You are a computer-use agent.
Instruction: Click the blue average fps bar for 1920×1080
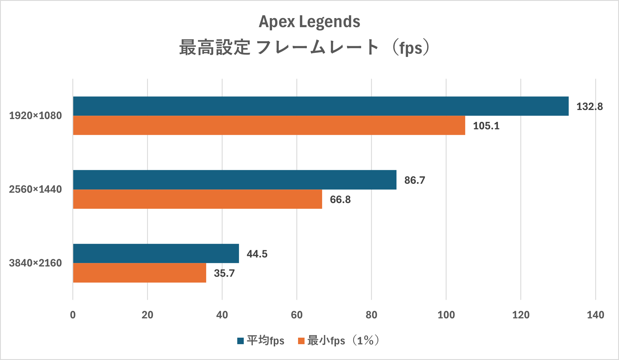tap(321, 106)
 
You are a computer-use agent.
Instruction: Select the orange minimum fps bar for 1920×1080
tap(269, 125)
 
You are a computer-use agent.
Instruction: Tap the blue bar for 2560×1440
tap(235, 180)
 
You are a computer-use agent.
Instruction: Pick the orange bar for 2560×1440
tap(197, 199)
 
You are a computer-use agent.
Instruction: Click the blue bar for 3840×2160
tap(156, 253)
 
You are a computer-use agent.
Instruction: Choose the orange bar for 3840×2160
tap(139, 273)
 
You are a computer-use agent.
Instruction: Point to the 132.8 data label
tap(590, 107)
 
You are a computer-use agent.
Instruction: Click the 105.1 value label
tap(486, 126)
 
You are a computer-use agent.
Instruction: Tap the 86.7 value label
tap(415, 180)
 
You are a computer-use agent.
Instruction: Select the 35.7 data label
tap(224, 273)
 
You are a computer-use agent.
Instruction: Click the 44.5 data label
tap(257, 254)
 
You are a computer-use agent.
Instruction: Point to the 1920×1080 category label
tap(35, 116)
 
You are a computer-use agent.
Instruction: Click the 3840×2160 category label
tap(35, 263)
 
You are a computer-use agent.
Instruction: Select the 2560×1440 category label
tap(35, 189)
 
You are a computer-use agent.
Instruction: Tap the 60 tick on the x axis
tap(297, 315)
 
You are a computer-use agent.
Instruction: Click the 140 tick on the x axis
tap(595, 315)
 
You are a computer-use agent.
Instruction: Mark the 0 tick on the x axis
tap(73, 315)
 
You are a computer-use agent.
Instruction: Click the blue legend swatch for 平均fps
tap(240, 341)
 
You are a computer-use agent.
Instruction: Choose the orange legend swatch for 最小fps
tap(301, 341)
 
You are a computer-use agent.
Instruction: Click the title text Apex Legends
tap(309, 21)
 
